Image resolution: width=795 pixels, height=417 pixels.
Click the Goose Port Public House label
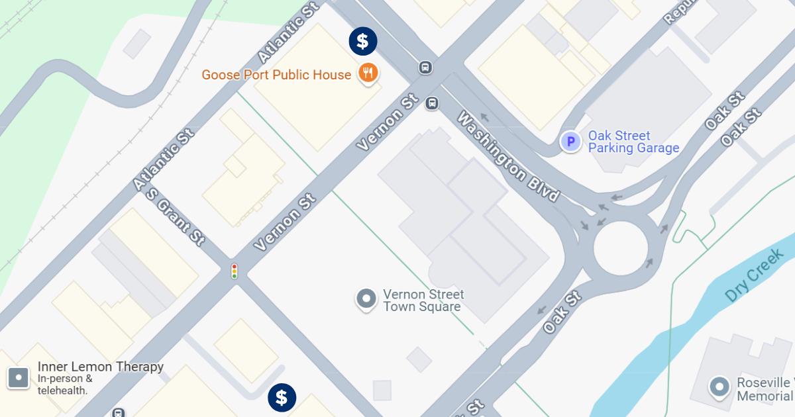click(276, 75)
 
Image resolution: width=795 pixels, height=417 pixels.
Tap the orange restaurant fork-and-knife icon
click(368, 72)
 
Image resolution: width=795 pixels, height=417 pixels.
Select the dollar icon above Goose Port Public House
click(363, 41)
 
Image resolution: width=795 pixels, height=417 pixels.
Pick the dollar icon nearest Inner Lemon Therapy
click(282, 398)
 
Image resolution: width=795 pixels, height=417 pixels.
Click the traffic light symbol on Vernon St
click(234, 271)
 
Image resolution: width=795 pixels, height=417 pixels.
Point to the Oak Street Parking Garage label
click(633, 142)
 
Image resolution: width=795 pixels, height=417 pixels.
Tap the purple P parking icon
click(570, 142)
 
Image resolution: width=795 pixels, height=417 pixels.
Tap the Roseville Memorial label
click(765, 389)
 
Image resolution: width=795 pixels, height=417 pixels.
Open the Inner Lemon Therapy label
click(101, 367)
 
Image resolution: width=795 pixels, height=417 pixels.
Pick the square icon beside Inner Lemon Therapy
click(19, 378)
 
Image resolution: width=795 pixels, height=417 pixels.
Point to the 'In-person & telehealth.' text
click(64, 385)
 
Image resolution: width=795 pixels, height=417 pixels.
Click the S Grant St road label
click(175, 216)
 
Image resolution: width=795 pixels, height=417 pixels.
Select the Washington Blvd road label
click(509, 157)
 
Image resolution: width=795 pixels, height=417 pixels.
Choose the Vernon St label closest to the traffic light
click(284, 222)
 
